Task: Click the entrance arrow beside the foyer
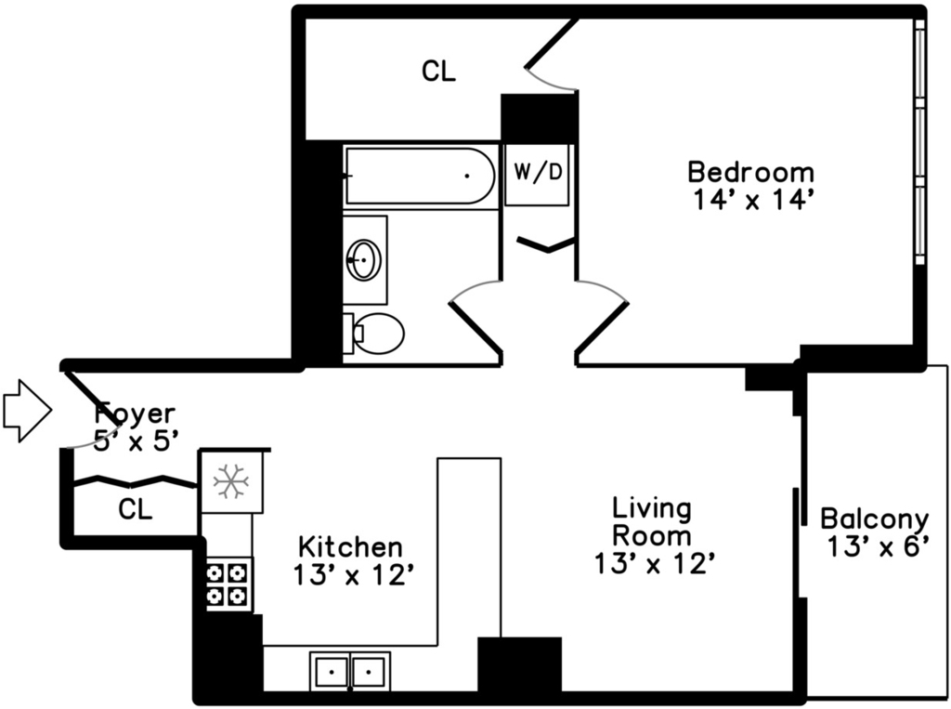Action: pos(27,411)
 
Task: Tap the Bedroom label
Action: pos(750,172)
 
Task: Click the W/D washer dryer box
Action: pos(538,175)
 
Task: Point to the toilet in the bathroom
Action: pos(373,334)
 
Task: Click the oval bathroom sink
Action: pos(363,260)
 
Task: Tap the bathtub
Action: pos(421,176)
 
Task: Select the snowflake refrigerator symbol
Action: pos(231,481)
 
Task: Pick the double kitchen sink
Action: pos(350,671)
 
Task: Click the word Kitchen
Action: pos(350,546)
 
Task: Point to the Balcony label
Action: pos(875,519)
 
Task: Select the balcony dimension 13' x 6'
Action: pos(879,547)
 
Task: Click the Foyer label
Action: pos(135,414)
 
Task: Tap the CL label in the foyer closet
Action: pos(136,510)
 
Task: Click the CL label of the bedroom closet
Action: pos(438,72)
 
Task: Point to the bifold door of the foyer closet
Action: pos(135,480)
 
